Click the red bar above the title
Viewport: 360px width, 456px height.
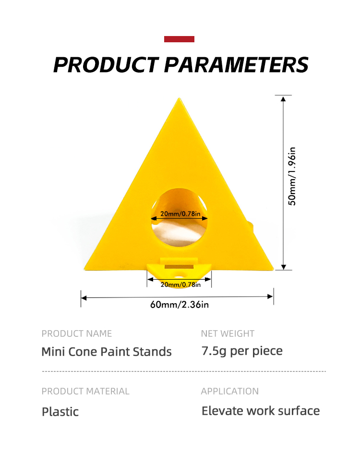click(x=179, y=39)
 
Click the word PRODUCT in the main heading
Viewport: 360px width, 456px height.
click(x=106, y=64)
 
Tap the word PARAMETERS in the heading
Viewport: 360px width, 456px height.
click(x=236, y=64)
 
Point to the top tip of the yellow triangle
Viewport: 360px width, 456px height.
click(x=179, y=99)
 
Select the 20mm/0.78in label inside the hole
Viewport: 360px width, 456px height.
click(x=180, y=214)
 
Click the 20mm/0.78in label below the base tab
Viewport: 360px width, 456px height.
click(x=180, y=284)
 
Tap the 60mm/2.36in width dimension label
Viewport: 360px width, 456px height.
click(x=179, y=305)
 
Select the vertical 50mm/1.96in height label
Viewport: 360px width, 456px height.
click(x=292, y=176)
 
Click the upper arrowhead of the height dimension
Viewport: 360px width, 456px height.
click(x=283, y=99)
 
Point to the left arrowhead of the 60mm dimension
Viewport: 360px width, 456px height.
click(x=84, y=298)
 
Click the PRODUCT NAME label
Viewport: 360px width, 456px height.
click(x=77, y=333)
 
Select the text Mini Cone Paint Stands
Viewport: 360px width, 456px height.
click(x=107, y=352)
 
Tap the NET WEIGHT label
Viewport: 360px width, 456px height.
click(x=228, y=333)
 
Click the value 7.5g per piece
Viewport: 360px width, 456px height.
click(x=242, y=351)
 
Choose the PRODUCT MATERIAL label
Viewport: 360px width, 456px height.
click(x=85, y=391)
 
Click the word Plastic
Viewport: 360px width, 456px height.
click(x=60, y=412)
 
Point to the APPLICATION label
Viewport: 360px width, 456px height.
click(x=230, y=391)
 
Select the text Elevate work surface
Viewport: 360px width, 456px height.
click(x=261, y=411)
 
